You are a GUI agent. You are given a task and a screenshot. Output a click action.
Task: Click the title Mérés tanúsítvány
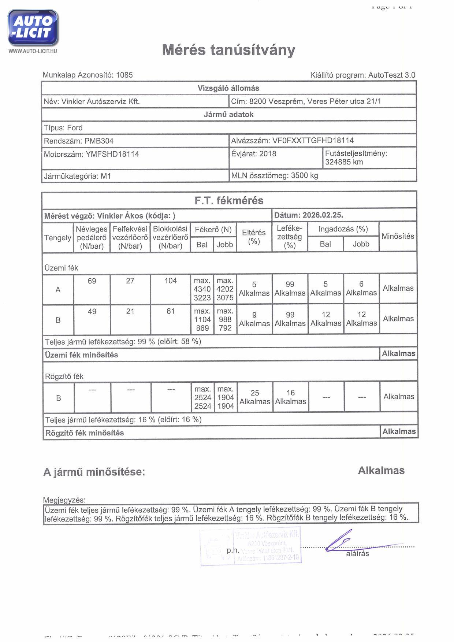click(x=228, y=50)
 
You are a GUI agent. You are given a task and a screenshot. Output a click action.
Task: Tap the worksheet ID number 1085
click(x=124, y=75)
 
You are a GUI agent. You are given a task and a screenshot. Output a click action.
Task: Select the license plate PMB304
click(x=99, y=141)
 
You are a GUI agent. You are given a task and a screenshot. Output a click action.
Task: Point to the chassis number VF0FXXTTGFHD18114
click(x=313, y=141)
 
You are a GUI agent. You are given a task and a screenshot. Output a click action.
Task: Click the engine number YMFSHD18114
click(x=112, y=154)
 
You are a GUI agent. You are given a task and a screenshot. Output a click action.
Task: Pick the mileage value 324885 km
click(x=344, y=162)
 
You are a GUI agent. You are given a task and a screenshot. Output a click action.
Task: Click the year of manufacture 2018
click(x=267, y=154)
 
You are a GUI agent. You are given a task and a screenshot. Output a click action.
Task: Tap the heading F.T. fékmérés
click(x=229, y=201)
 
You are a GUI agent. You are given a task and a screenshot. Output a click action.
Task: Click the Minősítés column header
click(x=398, y=236)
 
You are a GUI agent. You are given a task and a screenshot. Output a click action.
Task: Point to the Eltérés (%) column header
click(x=254, y=237)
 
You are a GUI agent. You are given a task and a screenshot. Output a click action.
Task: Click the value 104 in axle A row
click(x=170, y=281)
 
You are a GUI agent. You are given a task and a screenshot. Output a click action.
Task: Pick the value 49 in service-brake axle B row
click(x=92, y=312)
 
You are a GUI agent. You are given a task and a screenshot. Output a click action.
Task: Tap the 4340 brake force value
click(x=202, y=289)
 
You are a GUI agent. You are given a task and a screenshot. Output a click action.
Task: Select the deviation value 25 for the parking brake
click(x=255, y=393)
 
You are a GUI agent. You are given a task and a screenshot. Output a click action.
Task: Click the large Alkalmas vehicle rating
click(x=381, y=471)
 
